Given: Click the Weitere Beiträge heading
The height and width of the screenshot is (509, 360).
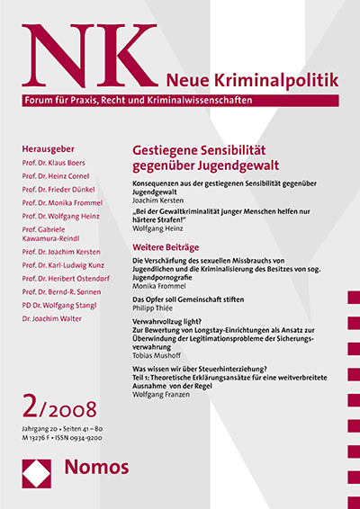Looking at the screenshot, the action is pyautogui.click(x=172, y=246).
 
